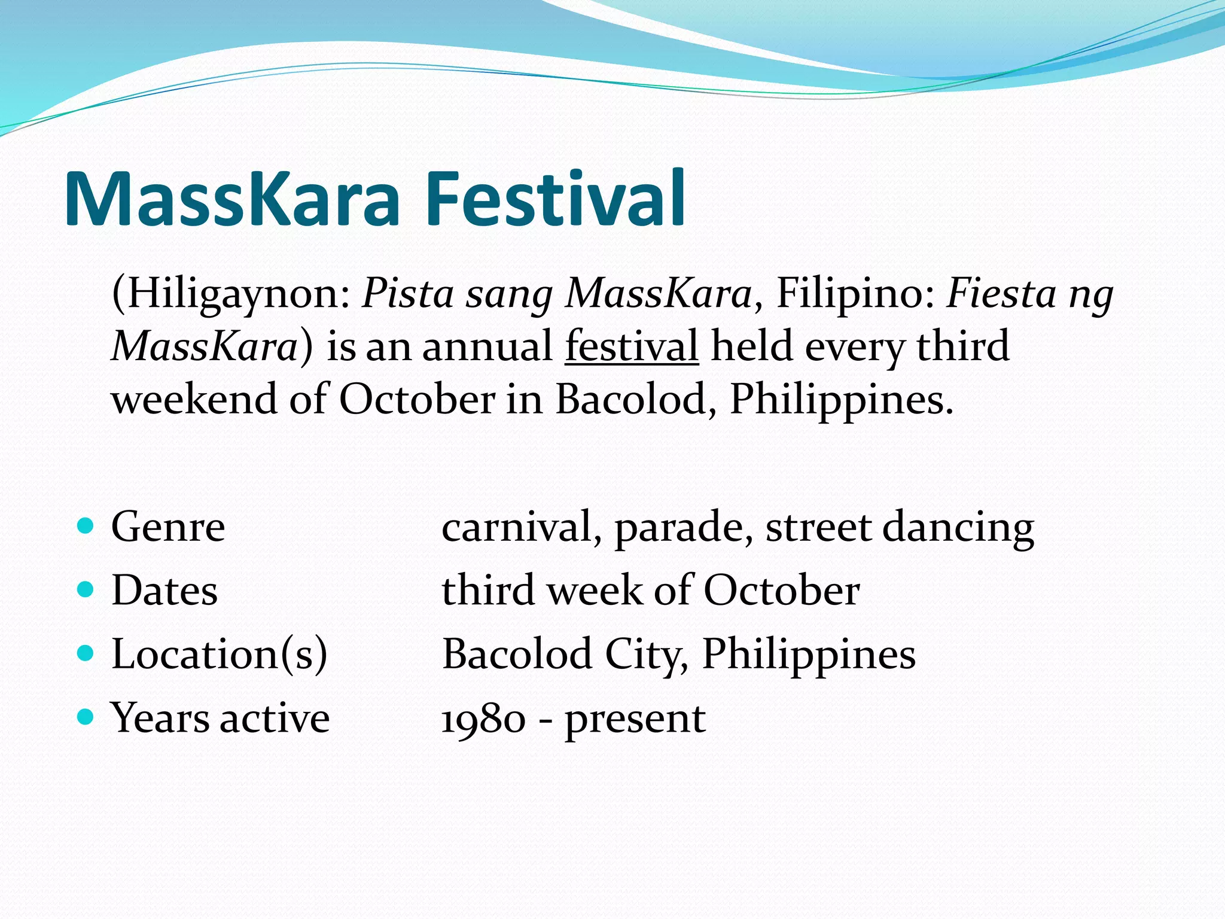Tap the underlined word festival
(x=632, y=346)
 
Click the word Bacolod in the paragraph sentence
(x=632, y=398)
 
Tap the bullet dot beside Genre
(x=86, y=526)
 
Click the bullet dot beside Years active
(x=86, y=716)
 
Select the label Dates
(x=164, y=591)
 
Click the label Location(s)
(x=220, y=654)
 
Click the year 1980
(x=483, y=719)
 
